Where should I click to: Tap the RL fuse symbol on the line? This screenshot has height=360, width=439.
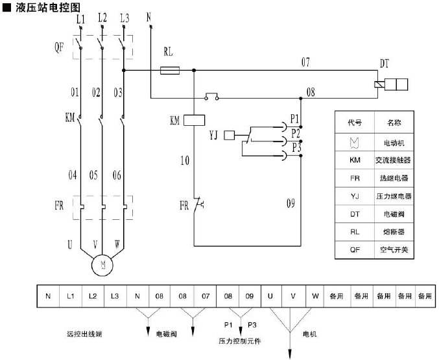[x=169, y=70]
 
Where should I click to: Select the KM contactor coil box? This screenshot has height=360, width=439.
[x=195, y=120]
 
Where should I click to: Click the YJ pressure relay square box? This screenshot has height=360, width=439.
[x=229, y=135]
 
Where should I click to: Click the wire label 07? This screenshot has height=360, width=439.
[x=305, y=62]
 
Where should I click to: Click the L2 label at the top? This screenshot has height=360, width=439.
[x=102, y=19]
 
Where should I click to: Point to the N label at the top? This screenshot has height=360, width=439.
[x=150, y=16]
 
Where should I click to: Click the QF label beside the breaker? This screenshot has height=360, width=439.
[x=59, y=46]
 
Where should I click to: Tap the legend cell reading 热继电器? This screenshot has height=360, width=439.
[x=395, y=177]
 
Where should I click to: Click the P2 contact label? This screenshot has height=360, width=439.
[x=295, y=133]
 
